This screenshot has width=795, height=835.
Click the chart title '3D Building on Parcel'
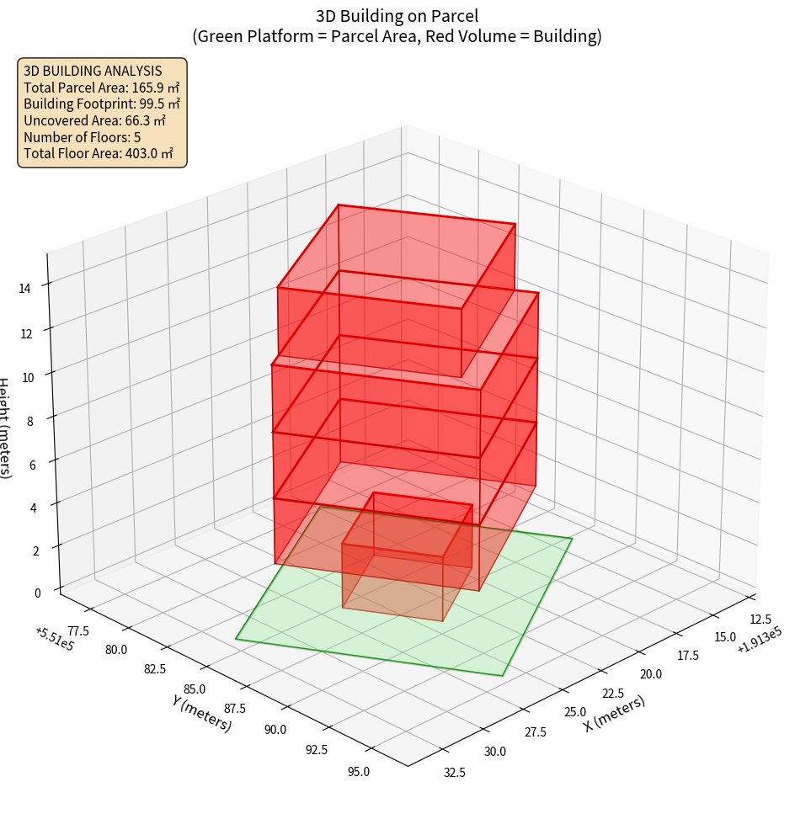(397, 16)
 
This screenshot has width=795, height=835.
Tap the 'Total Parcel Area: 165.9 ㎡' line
(102, 88)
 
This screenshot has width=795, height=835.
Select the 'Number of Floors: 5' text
(83, 137)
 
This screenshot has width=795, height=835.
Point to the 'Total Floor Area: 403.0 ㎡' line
(99, 153)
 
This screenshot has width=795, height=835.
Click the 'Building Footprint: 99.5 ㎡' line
(102, 104)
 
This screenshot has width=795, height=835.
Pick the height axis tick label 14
(25, 289)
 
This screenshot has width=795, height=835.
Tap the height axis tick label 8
(29, 419)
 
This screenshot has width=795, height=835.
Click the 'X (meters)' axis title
(615, 714)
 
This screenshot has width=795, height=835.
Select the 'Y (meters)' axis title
(202, 713)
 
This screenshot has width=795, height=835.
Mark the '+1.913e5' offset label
(760, 646)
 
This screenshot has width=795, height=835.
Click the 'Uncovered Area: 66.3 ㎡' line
(95, 120)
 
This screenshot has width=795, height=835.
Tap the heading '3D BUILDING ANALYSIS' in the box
(93, 72)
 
